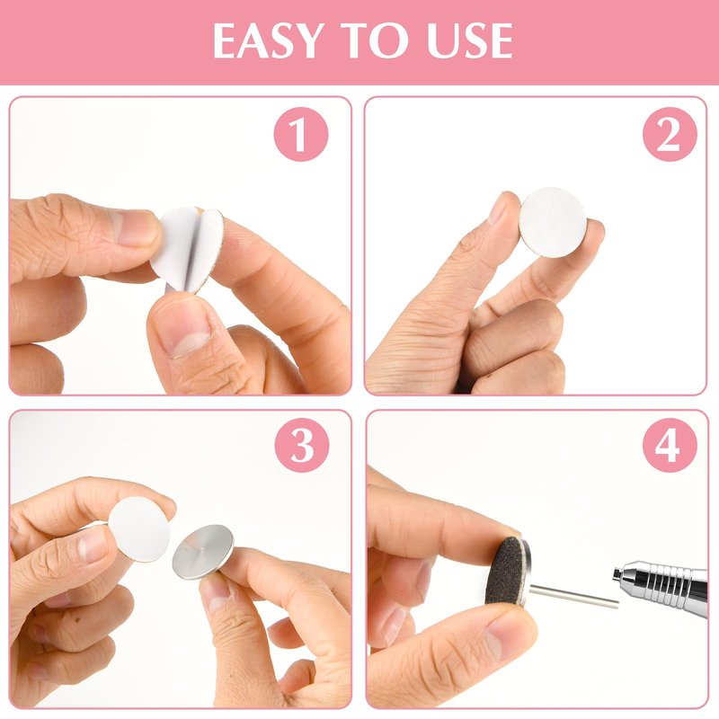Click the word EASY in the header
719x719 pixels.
(x=267, y=40)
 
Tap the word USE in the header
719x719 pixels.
(x=469, y=40)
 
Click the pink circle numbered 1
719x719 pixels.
(x=301, y=134)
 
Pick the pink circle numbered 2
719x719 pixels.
(x=670, y=134)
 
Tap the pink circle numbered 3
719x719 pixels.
(x=302, y=445)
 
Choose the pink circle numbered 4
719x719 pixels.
(x=670, y=445)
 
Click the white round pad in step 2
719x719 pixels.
(x=553, y=222)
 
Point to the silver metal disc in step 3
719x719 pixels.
(x=203, y=552)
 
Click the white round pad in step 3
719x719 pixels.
(x=139, y=529)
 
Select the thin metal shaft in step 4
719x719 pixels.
(x=573, y=597)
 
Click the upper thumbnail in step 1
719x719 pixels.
(x=136, y=227)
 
